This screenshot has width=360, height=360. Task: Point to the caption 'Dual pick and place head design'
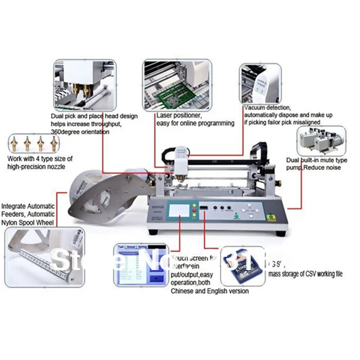point(95,116)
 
